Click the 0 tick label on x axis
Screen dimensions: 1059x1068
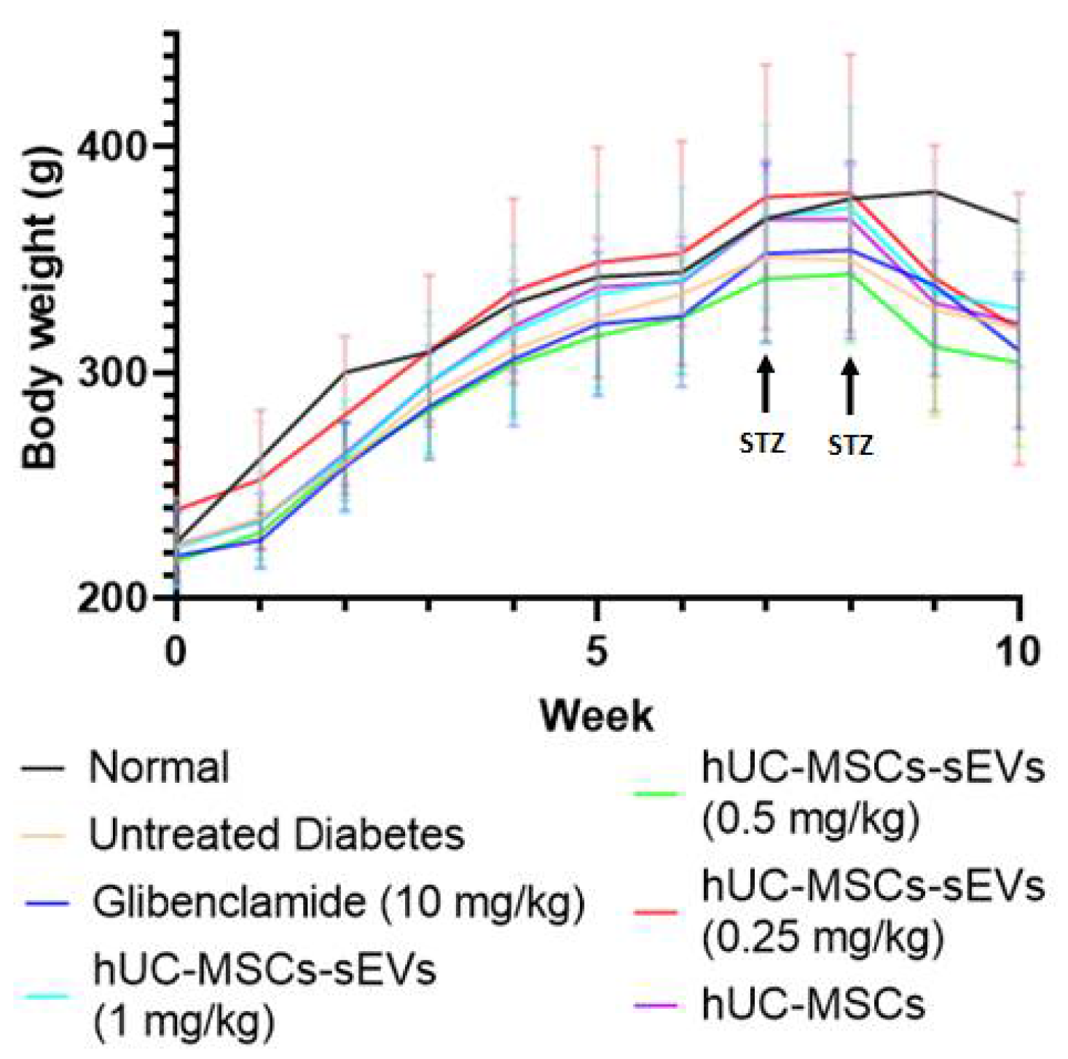click(175, 652)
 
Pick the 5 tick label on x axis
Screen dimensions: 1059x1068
click(597, 652)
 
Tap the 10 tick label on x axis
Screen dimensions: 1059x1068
click(1018, 652)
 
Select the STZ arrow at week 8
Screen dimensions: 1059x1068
click(849, 387)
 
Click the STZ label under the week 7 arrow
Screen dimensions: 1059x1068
click(762, 442)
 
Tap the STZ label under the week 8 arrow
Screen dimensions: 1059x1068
click(850, 445)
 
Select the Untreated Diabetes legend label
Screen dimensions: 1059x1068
click(276, 835)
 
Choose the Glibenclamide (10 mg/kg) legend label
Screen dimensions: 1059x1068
click(338, 902)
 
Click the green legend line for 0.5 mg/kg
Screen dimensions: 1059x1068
click(655, 794)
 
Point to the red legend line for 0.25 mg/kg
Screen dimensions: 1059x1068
click(655, 912)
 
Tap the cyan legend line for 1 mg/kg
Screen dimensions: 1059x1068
click(46, 996)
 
